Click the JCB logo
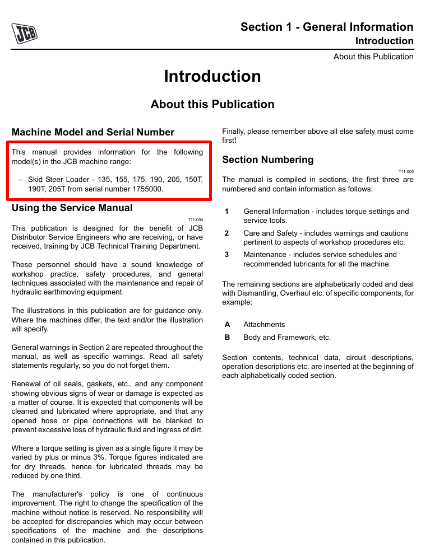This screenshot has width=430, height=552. coord(24,34)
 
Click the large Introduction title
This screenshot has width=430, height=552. coord(212,76)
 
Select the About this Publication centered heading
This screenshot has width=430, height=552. coord(212,104)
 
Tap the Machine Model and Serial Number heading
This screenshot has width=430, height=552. coord(93,132)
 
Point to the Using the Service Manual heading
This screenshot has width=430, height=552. coord(72,208)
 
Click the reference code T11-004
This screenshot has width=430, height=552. coord(196,219)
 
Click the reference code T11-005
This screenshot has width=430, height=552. coord(406,171)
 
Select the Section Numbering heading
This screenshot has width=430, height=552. coord(268,160)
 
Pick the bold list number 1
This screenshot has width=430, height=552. coord(227,212)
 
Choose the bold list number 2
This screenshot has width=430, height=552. coord(227,233)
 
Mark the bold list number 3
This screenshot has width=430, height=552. coord(227,255)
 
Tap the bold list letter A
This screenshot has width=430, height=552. coord(227,325)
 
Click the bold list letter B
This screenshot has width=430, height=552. coord(227,338)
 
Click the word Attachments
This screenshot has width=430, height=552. coord(264,325)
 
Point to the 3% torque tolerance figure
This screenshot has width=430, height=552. coord(74,458)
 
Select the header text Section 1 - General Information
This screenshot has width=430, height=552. coord(327,27)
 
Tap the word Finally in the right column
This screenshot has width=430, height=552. coord(234,132)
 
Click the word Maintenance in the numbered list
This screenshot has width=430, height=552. coord(265,255)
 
